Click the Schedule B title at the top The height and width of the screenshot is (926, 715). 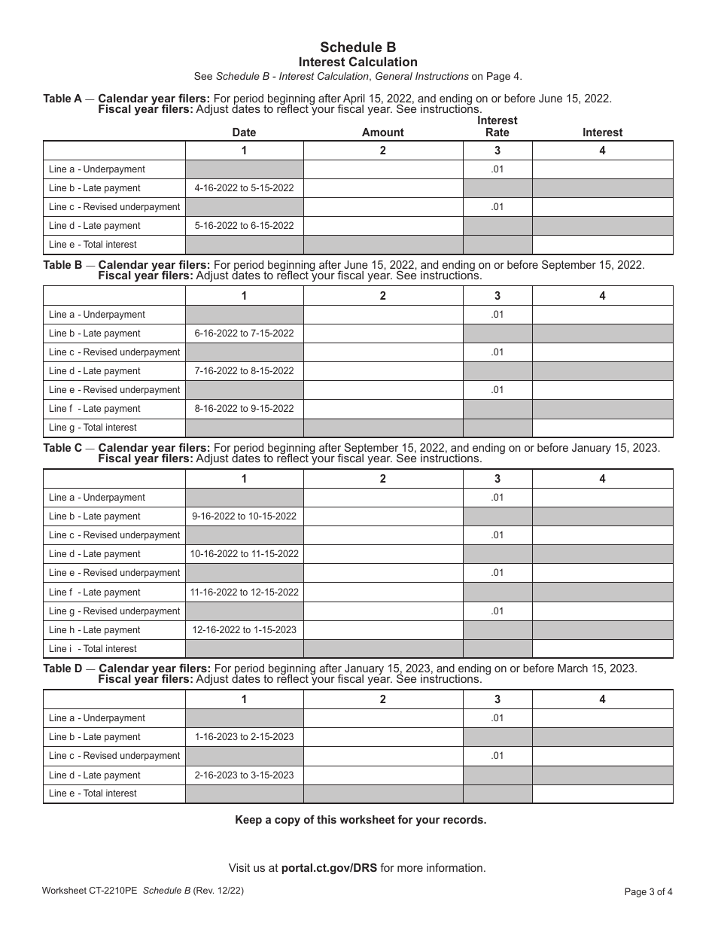click(357, 47)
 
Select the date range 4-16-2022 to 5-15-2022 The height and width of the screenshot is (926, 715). click(244, 188)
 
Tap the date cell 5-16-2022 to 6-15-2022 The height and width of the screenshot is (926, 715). click(244, 226)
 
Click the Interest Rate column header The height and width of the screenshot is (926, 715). click(497, 126)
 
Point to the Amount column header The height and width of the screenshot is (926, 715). click(382, 133)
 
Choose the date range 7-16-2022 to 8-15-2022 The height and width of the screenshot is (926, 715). click(244, 371)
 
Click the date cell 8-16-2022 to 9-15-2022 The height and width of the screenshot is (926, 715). click(244, 409)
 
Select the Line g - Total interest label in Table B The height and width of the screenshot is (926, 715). click(93, 428)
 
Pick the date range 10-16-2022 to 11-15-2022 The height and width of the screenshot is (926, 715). click(244, 554)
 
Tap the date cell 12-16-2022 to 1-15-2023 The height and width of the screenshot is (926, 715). click(244, 630)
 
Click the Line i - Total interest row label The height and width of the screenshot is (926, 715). click(93, 649)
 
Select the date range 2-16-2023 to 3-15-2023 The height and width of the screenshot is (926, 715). click(244, 775)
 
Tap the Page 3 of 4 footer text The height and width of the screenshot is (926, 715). click(648, 892)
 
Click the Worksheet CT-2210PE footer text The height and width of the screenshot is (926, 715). click(90, 891)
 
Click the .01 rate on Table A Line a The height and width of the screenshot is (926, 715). click(497, 169)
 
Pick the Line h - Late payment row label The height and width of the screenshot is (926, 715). click(94, 630)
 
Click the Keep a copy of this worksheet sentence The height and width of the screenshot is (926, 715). click(361, 820)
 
